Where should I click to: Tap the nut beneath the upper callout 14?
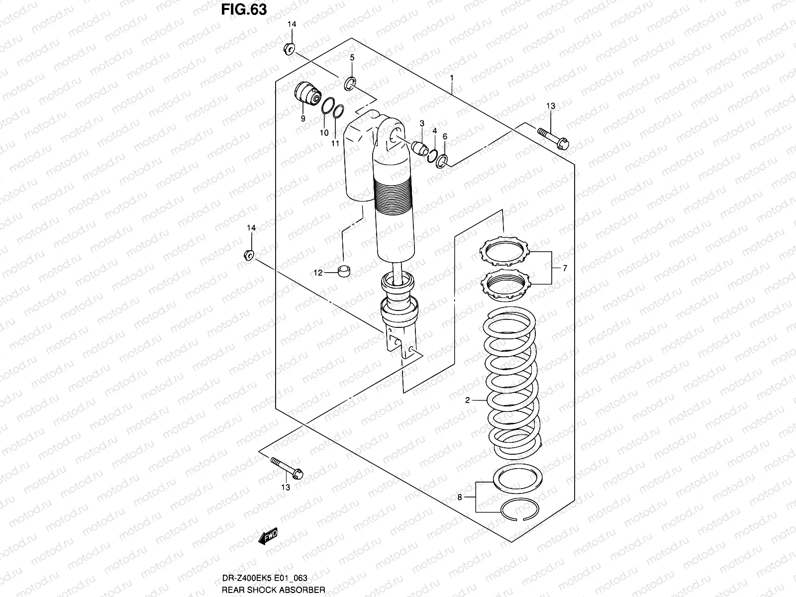click(x=290, y=49)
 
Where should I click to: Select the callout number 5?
click(x=352, y=58)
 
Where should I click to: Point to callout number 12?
click(x=317, y=273)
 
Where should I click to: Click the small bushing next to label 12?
click(x=343, y=271)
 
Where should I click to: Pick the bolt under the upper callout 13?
click(x=554, y=138)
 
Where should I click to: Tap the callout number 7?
click(x=565, y=268)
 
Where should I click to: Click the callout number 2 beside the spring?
click(x=468, y=400)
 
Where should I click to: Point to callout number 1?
click(x=452, y=78)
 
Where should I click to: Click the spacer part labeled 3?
click(x=420, y=148)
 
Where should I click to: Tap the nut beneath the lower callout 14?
click(x=249, y=255)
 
